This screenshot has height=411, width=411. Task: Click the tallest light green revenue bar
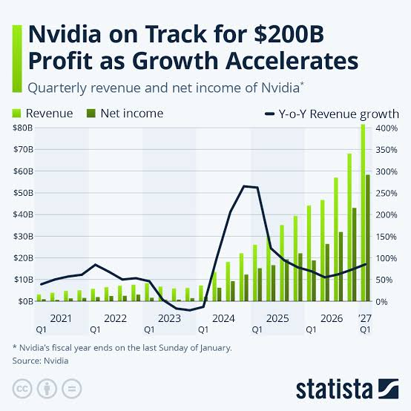tap(363, 213)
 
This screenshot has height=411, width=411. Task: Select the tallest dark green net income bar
tap(368, 237)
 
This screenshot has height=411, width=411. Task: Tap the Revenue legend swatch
tap(17, 114)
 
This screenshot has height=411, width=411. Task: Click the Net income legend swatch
tap(91, 114)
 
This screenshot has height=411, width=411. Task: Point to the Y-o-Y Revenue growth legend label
tap(338, 114)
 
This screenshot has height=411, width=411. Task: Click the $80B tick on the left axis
tap(23, 128)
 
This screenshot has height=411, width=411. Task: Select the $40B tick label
tap(23, 214)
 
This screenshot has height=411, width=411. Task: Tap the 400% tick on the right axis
tap(387, 128)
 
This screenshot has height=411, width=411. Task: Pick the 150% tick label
tap(387, 237)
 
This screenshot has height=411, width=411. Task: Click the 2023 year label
tap(169, 318)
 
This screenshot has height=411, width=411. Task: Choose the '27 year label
tap(365, 318)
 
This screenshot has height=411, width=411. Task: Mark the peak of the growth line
tap(244, 186)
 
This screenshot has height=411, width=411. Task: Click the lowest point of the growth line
tap(190, 310)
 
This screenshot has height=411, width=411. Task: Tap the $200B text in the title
tap(289, 34)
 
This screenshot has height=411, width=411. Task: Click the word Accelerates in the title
tap(292, 61)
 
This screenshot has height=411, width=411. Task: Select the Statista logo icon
tap(389, 389)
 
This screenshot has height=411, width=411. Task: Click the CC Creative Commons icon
tap(22, 389)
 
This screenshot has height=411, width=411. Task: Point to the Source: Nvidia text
tap(40, 361)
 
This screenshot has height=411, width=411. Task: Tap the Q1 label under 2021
tap(41, 329)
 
